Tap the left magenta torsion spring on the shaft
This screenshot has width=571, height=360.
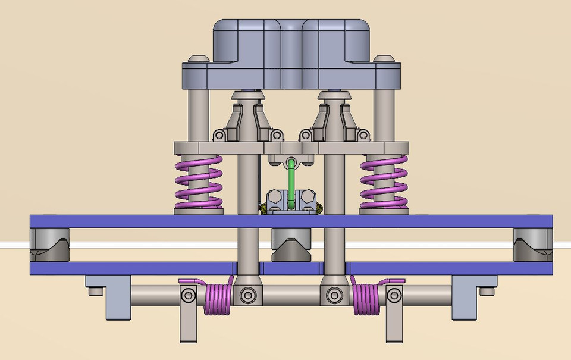pyautogui.click(x=218, y=298)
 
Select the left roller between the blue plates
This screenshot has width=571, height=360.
pyautogui.click(x=49, y=245)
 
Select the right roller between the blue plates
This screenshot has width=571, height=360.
pyautogui.click(x=533, y=245)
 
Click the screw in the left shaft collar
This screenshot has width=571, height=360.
pyautogui.click(x=247, y=293)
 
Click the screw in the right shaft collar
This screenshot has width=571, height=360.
pyautogui.click(x=334, y=293)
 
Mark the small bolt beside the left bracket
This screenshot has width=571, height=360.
pyautogui.click(x=94, y=292)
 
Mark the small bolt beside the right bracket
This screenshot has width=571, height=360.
pyautogui.click(x=488, y=292)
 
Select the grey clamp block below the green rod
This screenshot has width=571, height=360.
pyautogui.click(x=291, y=201)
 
